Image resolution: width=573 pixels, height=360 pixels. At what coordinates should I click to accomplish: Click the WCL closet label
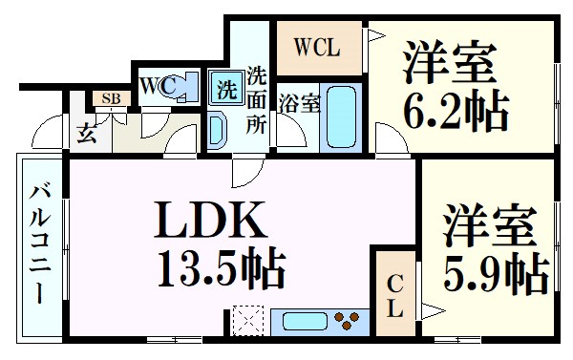tap(314, 46)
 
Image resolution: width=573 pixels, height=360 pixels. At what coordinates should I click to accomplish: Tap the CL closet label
tap(395, 295)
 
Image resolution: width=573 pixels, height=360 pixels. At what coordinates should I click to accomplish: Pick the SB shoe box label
tap(110, 98)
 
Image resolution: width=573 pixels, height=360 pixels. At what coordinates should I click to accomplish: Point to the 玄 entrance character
tap(86, 132)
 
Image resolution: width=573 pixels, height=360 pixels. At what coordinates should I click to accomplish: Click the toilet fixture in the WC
tap(181, 87)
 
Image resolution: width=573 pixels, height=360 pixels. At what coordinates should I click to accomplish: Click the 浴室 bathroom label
tap(299, 103)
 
